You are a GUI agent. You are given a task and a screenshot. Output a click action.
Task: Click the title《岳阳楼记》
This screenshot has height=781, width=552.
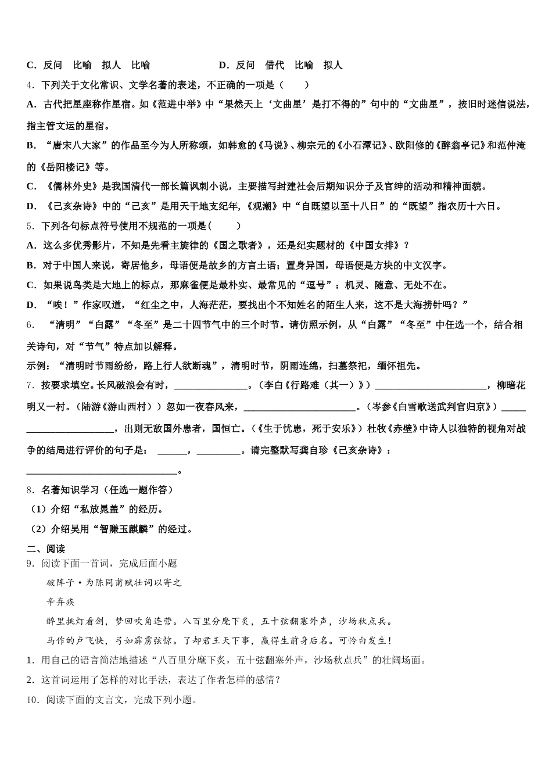pos(66,167)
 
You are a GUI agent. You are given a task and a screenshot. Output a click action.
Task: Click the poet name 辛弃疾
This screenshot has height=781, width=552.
pos(61,602)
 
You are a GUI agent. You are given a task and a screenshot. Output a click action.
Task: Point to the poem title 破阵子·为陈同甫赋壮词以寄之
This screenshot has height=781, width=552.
pos(114,582)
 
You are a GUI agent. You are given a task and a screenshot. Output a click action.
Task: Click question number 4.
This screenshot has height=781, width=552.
pos(30,85)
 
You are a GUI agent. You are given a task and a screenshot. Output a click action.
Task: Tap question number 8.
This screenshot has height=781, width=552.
pos(30,490)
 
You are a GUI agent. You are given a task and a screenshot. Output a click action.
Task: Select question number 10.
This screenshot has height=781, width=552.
pos(32,700)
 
